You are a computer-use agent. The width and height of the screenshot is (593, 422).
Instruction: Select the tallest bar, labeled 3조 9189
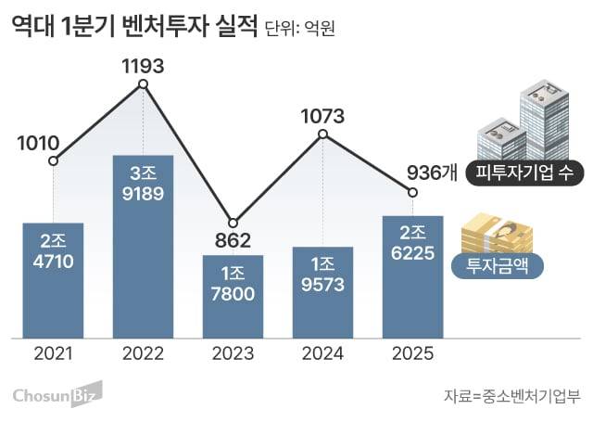tap(143, 246)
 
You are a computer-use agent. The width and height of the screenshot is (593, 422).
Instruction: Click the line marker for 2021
tap(53, 161)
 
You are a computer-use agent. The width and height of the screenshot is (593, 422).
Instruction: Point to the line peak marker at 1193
tap(143, 84)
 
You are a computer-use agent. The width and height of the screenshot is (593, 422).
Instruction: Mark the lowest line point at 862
tap(233, 223)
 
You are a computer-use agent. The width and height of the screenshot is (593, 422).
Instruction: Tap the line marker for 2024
tap(322, 134)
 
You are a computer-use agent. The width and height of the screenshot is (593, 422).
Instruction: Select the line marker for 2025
tap(412, 192)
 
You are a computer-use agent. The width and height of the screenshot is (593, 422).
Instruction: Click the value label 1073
tap(322, 116)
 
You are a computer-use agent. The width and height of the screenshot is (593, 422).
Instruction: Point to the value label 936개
tap(432, 173)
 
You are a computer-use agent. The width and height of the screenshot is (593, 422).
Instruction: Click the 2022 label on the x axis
tap(143, 353)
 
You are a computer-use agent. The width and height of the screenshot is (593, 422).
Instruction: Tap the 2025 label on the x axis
tap(412, 353)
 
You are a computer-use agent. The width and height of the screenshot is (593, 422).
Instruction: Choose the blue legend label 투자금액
tap(498, 266)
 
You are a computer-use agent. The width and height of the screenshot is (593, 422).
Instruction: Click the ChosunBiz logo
tap(57, 396)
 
